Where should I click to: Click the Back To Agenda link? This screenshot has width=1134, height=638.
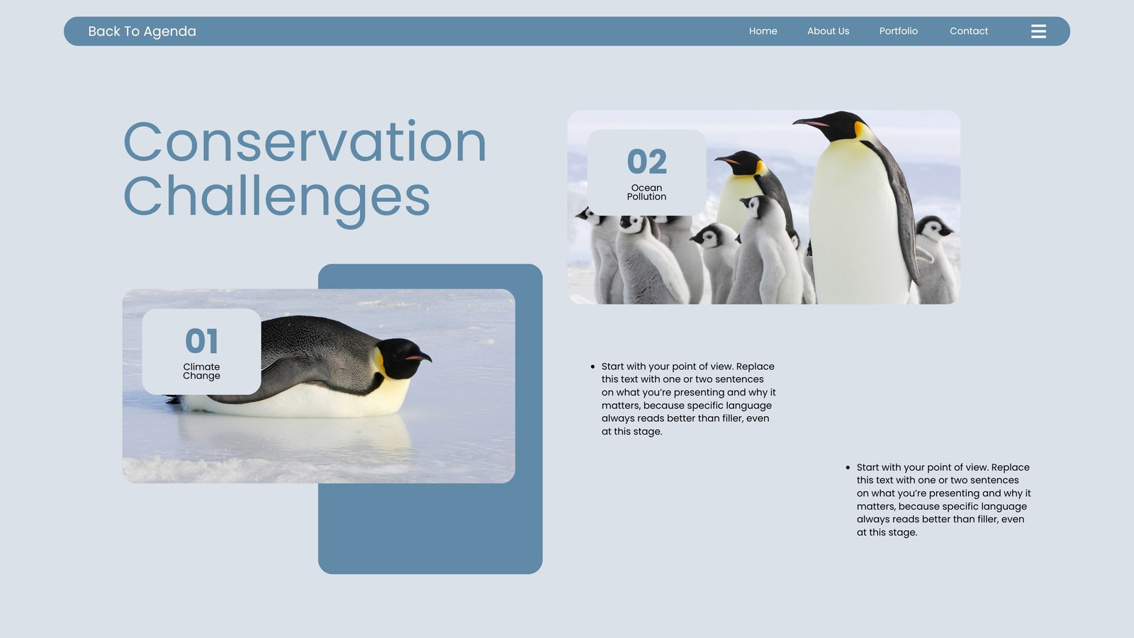[x=142, y=31]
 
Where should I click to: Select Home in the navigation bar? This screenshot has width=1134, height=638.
[x=763, y=31]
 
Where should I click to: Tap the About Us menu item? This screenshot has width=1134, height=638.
[x=829, y=31]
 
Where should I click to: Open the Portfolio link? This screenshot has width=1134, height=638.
[x=898, y=31]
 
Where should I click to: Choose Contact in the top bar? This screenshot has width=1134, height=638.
[x=968, y=31]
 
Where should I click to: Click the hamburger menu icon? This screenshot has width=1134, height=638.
[x=1038, y=31]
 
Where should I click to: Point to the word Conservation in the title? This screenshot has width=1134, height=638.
[x=305, y=142]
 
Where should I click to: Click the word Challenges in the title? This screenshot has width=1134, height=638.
[x=276, y=198]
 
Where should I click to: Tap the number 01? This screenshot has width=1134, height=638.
[x=201, y=341]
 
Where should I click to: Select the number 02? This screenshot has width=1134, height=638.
[x=646, y=162]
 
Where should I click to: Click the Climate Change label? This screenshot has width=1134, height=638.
[x=201, y=371]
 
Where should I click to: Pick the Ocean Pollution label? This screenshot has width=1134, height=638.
[x=646, y=192]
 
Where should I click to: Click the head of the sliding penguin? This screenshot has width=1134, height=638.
[x=403, y=357]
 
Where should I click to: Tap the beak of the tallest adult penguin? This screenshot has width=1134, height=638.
[x=811, y=123]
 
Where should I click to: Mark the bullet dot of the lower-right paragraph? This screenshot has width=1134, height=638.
[x=848, y=468]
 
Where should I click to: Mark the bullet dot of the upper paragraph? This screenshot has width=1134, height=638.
[x=593, y=366]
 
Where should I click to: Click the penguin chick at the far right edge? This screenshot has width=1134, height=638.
[x=936, y=258]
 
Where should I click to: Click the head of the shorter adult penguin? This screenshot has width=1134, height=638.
[x=741, y=162]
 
